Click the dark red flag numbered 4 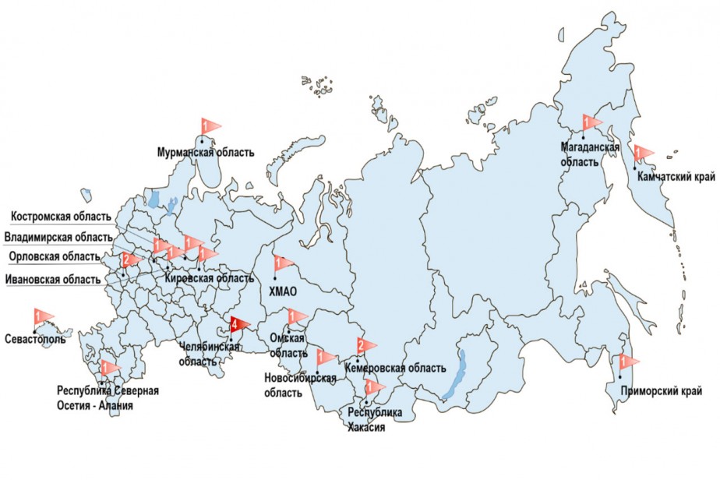(x=238, y=326)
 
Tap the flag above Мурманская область (x=210, y=125)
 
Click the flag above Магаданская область (x=591, y=122)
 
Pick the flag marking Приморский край (x=627, y=362)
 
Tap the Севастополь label (x=34, y=340)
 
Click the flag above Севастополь (x=43, y=316)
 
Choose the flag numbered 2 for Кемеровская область (x=365, y=345)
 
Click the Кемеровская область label (x=395, y=368)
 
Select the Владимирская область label (x=56, y=236)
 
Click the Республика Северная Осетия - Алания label (x=108, y=397)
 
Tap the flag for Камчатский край (x=643, y=153)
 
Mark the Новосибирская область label (x=300, y=386)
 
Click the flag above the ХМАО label (x=282, y=264)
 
